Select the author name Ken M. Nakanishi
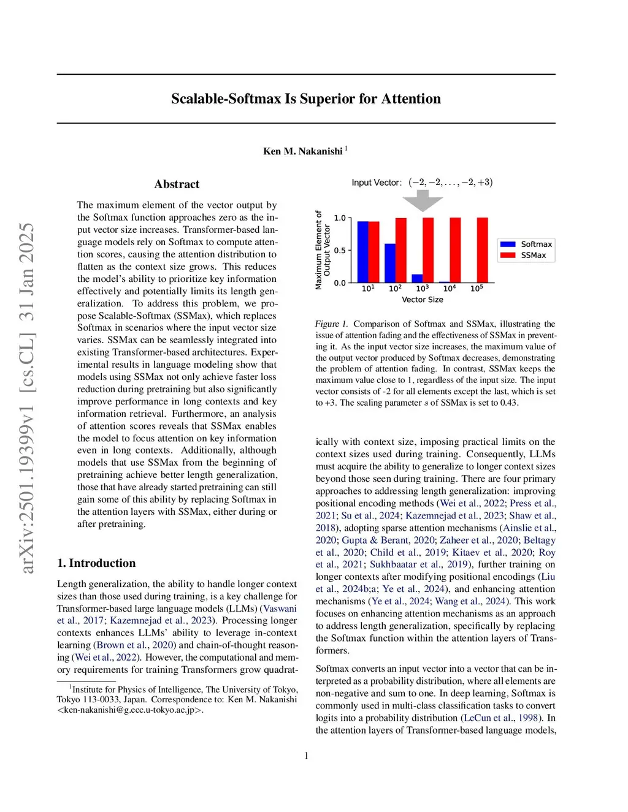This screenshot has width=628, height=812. click(302, 151)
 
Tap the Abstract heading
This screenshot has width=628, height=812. click(177, 184)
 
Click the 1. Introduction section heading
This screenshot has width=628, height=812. click(96, 563)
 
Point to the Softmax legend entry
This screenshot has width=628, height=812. click(536, 244)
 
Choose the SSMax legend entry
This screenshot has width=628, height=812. click(533, 255)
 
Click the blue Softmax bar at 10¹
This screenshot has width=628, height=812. click(362, 251)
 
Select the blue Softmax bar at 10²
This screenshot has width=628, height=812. click(390, 262)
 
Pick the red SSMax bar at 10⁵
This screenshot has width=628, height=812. click(483, 249)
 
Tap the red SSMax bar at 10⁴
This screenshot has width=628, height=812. click(455, 249)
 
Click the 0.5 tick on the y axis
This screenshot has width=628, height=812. click(340, 251)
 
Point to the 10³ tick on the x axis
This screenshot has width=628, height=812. click(423, 288)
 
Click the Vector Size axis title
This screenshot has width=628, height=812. click(423, 300)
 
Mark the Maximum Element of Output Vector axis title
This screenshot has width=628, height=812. click(323, 250)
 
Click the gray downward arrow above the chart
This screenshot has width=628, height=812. click(423, 200)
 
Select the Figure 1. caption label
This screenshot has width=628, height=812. click(331, 324)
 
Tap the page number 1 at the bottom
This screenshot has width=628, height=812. click(307, 756)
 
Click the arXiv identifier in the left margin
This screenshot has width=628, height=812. click(28, 398)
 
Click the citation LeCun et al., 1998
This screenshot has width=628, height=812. click(502, 718)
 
